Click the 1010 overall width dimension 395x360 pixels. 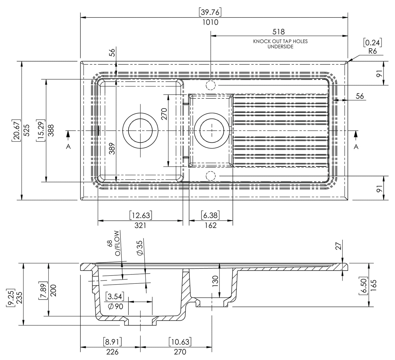pos(210,22)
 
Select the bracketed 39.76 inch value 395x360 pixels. pos(210,12)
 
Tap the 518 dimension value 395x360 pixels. pos(279,32)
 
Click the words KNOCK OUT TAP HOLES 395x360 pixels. pos(280,41)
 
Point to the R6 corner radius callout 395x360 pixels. pos(373,51)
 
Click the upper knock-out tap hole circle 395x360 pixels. pos(211,85)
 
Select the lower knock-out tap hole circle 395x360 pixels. pos(211,176)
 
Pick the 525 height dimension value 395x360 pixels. pos(27,130)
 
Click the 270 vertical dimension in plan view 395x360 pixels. pos(164,114)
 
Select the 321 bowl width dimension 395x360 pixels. pos(140,225)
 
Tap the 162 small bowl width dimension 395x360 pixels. pos(211,225)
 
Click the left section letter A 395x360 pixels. pos(68,147)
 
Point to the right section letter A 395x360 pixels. pos(356,147)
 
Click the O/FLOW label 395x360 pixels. pos(117,243)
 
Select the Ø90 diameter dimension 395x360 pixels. pos(116,306)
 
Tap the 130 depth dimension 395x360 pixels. pos(215,281)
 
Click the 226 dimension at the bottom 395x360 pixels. pos(112,352)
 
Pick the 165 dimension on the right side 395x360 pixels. pos(373,285)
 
